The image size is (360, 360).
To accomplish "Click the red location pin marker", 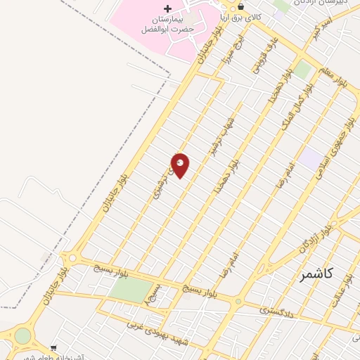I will (x=181, y=165).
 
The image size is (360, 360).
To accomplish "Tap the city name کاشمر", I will (x=314, y=274).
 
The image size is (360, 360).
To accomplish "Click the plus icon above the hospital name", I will (x=167, y=8).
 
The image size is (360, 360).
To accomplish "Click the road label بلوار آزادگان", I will (x=314, y=236).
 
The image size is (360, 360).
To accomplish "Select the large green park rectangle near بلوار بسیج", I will (x=131, y=290).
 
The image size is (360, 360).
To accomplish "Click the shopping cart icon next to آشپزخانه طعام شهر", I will (x=54, y=348).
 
